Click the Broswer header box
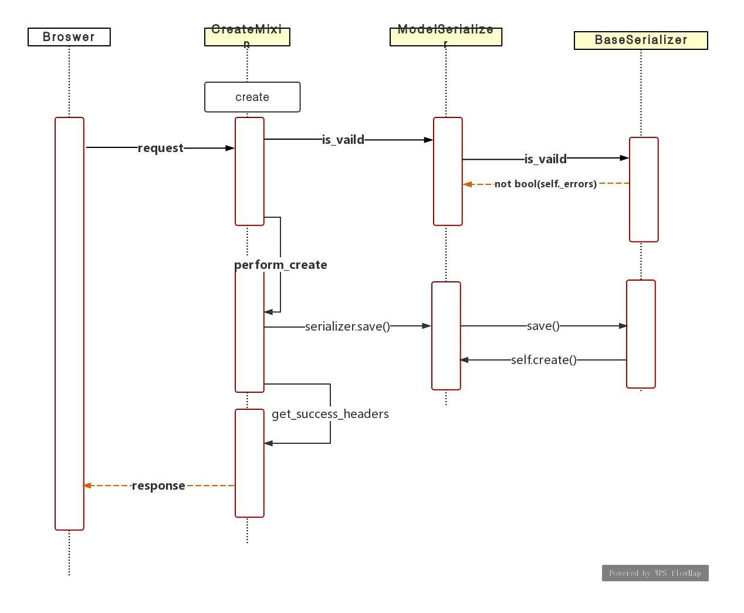click(69, 37)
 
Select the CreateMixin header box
click(247, 36)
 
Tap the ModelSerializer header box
click(446, 36)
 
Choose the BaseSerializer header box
click(641, 40)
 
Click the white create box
click(252, 97)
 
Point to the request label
click(161, 148)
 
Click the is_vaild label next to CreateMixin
click(343, 140)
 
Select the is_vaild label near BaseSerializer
click(546, 159)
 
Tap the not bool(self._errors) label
click(546, 184)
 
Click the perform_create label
click(280, 265)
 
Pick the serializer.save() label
click(347, 326)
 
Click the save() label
click(543, 326)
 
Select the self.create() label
click(544, 360)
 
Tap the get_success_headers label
click(330, 414)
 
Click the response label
click(158, 486)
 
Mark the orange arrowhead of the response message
click(87, 486)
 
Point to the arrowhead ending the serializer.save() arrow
click(427, 326)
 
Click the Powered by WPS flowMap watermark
click(655, 573)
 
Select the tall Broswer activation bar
click(69, 323)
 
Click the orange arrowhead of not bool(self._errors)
click(468, 184)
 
